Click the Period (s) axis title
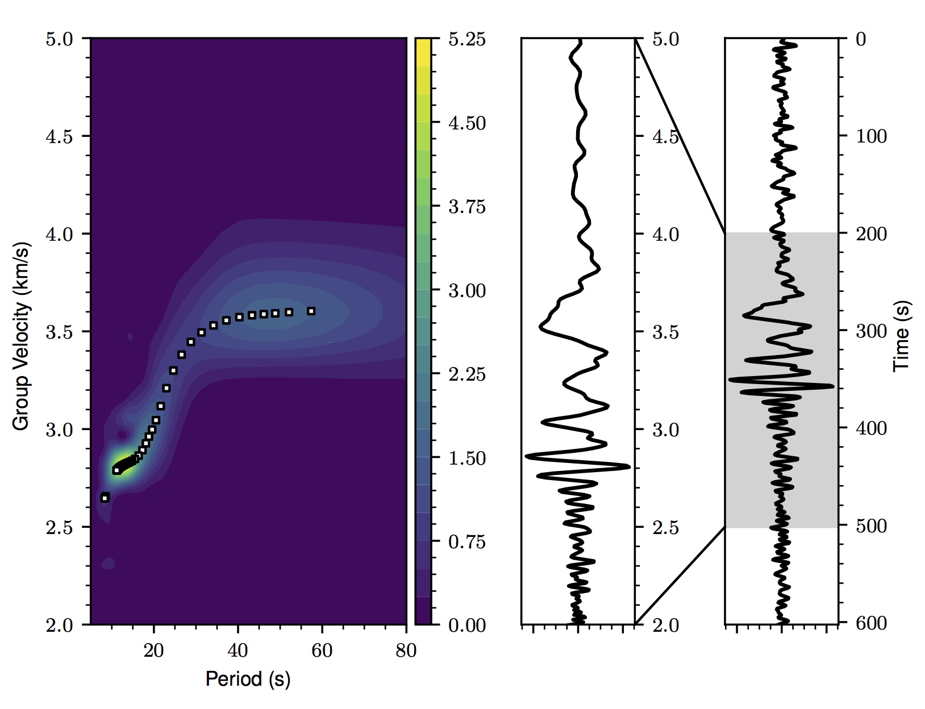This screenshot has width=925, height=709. tap(248, 679)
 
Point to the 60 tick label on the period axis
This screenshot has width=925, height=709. tap(322, 650)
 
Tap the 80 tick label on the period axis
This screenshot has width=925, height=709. tap(406, 650)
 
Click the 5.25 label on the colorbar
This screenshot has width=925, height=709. tap(467, 40)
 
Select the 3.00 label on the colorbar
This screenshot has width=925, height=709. tap(467, 291)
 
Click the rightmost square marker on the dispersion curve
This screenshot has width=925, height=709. tap(311, 311)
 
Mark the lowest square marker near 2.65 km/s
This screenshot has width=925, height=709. tap(105, 498)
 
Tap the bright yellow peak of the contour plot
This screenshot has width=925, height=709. tap(123, 466)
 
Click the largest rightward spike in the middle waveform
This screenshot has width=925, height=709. tap(628, 467)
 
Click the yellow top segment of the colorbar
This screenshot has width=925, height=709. tap(422, 51)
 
